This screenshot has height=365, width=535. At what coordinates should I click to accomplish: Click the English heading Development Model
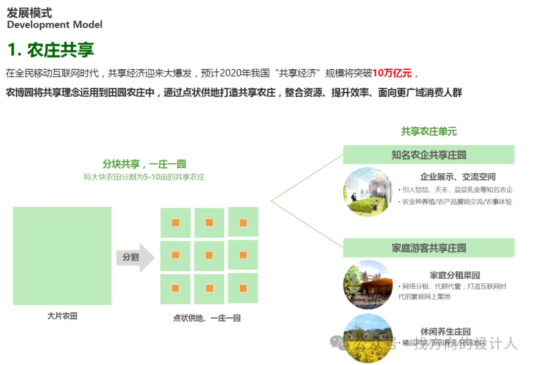click(54, 25)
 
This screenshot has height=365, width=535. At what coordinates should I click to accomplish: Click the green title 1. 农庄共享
click(51, 50)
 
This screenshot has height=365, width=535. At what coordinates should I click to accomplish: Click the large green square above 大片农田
click(62, 256)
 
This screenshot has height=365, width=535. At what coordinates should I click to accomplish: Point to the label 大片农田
click(62, 316)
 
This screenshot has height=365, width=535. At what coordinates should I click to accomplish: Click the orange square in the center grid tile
click(209, 255)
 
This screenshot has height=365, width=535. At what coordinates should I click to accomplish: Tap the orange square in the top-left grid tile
click(175, 222)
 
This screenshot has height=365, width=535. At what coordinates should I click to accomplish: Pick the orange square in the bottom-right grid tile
click(243, 288)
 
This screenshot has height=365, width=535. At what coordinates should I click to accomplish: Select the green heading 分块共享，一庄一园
click(144, 164)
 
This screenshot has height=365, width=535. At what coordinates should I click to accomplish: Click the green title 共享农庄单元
click(429, 132)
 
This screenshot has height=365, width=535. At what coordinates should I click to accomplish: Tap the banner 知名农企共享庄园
click(429, 155)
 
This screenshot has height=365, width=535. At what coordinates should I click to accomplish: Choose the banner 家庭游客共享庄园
click(429, 248)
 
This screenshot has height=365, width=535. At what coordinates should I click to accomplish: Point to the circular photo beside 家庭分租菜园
click(368, 285)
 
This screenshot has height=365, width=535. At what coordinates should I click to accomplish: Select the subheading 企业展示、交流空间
click(458, 177)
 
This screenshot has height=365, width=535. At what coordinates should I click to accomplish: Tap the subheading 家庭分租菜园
click(455, 275)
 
